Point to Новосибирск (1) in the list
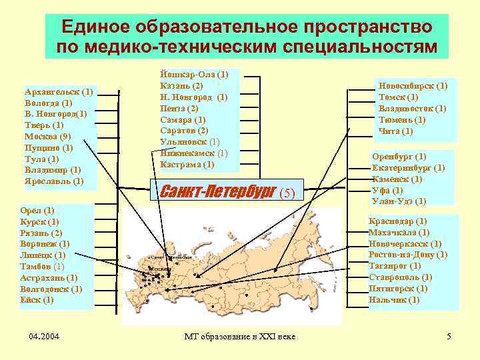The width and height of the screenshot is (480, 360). click(x=413, y=86)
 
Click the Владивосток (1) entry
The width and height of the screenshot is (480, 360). click(x=412, y=109)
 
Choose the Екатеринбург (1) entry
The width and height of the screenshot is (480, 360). click(x=408, y=168)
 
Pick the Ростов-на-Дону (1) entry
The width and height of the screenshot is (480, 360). click(x=407, y=255)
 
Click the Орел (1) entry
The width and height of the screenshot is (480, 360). click(x=38, y=210)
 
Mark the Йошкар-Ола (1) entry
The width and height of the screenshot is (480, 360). click(x=194, y=75)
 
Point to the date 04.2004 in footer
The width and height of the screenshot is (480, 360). click(x=45, y=336)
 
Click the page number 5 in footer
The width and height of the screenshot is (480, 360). click(x=449, y=336)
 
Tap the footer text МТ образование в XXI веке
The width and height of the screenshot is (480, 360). click(x=239, y=336)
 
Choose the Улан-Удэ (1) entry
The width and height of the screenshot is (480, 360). click(x=399, y=201)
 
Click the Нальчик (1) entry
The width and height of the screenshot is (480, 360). click(x=394, y=300)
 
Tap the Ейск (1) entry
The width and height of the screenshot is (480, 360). click(x=37, y=300)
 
